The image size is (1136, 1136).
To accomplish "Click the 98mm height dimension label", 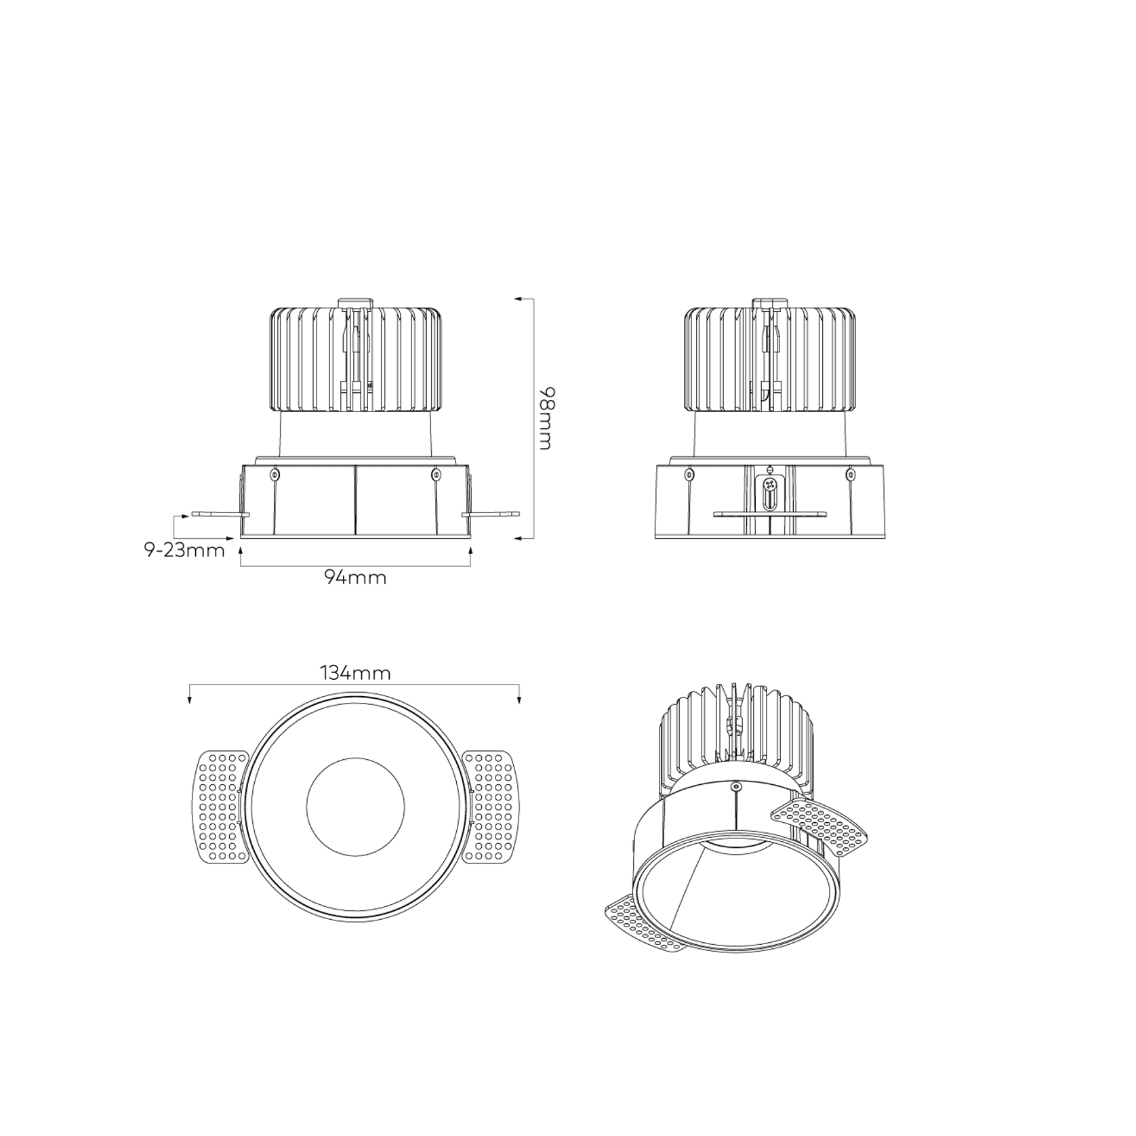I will click(x=545, y=418).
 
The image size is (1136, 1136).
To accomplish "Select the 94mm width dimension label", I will click(x=355, y=577).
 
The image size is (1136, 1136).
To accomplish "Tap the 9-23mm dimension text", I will click(x=184, y=550).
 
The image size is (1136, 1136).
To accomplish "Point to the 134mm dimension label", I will click(x=355, y=673).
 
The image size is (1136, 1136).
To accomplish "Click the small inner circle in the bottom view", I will click(x=355, y=807).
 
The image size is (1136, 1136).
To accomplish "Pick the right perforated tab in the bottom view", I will click(x=489, y=807).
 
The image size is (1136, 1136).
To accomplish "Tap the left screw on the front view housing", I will click(x=275, y=474).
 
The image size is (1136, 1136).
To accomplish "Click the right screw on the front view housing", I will click(x=436, y=474).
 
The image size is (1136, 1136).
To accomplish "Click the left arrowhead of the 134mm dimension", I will click(x=190, y=700).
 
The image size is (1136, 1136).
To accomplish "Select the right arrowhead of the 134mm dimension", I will click(x=519, y=700).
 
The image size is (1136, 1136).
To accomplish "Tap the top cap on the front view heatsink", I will click(x=355, y=302).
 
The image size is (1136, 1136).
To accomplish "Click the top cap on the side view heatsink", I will click(x=770, y=302).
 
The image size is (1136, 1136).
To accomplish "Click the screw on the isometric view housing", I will click(x=736, y=786).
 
